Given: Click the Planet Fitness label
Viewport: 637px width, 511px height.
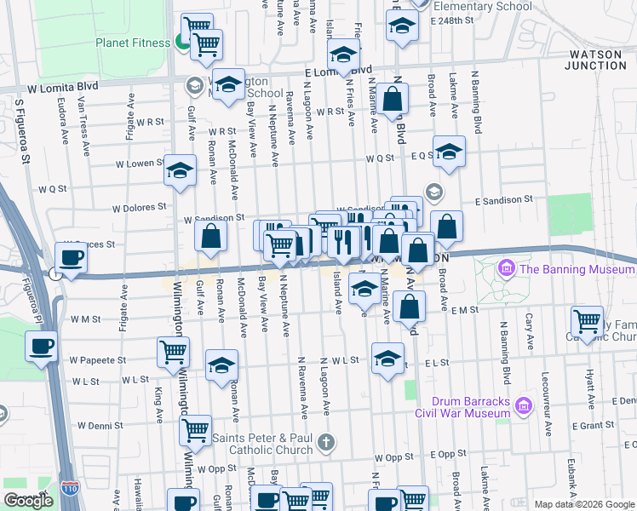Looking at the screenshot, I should click(x=133, y=42).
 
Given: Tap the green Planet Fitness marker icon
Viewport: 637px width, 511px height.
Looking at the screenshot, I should click(x=181, y=41).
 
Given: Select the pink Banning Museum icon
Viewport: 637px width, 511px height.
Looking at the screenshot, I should click(x=507, y=270).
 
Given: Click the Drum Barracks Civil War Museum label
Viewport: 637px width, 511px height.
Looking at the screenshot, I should click(x=462, y=407).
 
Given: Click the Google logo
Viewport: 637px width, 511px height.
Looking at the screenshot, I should click(x=28, y=500).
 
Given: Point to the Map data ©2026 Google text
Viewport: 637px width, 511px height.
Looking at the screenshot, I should click(x=583, y=504).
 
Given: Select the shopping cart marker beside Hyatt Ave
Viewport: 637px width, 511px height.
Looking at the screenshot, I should click(x=587, y=321).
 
